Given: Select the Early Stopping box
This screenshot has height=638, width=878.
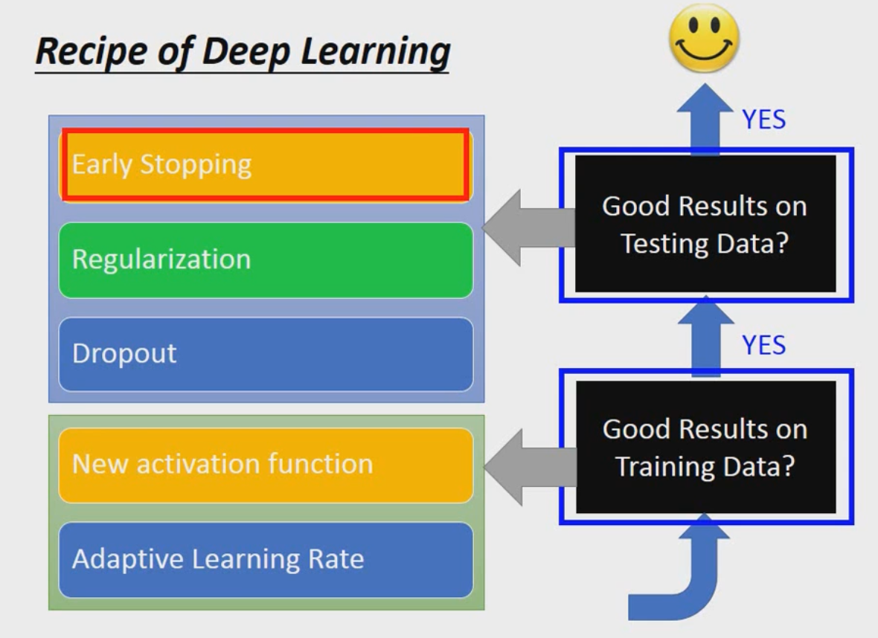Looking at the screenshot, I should click(265, 165).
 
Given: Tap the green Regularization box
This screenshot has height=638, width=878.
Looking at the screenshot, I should click(265, 260).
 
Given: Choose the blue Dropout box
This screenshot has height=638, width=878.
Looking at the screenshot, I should click(265, 354).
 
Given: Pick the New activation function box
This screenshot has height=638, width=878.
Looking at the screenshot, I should click(265, 465).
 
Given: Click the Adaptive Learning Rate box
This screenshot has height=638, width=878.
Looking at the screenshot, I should click(265, 559).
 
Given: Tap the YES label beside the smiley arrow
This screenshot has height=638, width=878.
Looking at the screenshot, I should click(764, 120).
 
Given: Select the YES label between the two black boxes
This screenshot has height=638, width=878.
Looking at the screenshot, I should click(764, 345).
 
